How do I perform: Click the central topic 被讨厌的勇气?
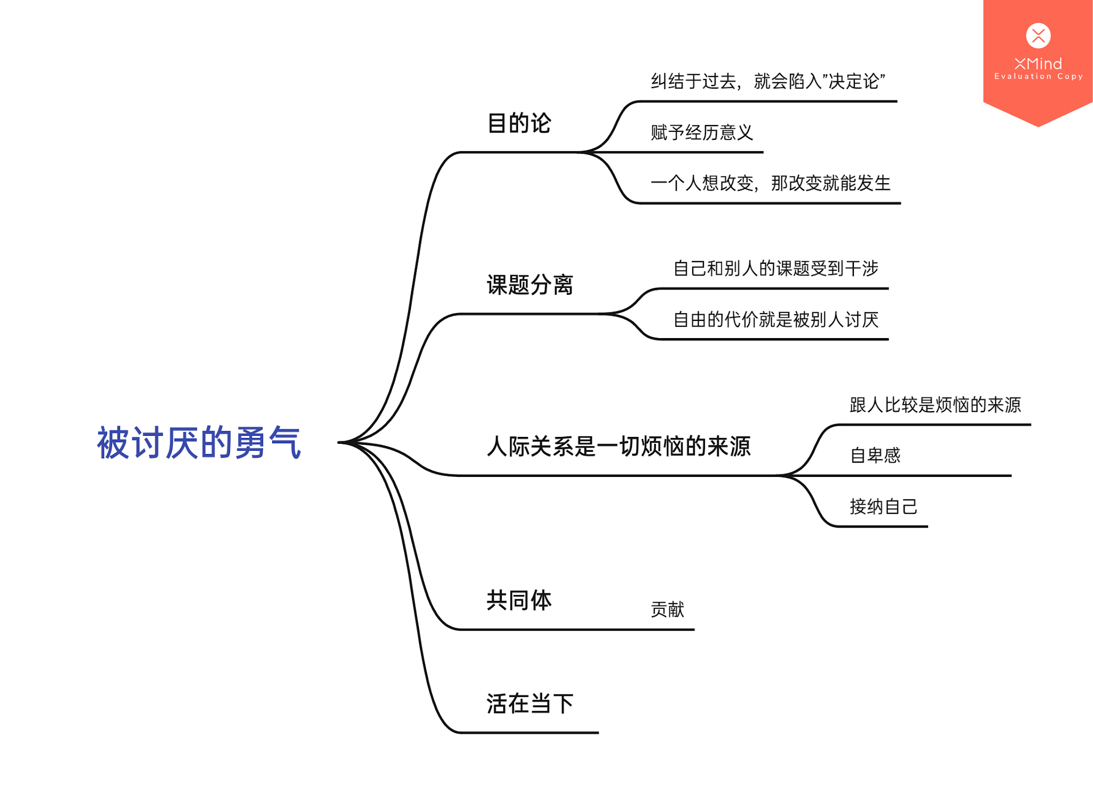pyautogui.click(x=199, y=443)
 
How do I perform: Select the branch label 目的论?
pyautogui.click(x=519, y=123)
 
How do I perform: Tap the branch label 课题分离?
pyautogui.click(x=529, y=285)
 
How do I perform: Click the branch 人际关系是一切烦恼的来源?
pyautogui.click(x=619, y=446)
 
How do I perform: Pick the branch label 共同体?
pyautogui.click(x=519, y=600)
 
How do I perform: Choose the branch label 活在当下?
pyautogui.click(x=529, y=703)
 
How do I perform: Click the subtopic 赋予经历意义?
pyautogui.click(x=701, y=132)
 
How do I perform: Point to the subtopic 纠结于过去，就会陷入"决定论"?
pyautogui.click(x=767, y=81)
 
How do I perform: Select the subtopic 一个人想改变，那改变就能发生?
pyautogui.click(x=770, y=183)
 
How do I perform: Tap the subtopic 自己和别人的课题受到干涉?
pyautogui.click(x=775, y=268)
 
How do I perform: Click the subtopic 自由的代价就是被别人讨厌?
pyautogui.click(x=775, y=319)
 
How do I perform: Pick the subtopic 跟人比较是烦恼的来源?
pyautogui.click(x=935, y=404)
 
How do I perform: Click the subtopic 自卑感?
pyautogui.click(x=875, y=455)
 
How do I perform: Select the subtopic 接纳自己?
pyautogui.click(x=883, y=506)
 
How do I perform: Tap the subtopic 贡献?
pyautogui.click(x=667, y=609)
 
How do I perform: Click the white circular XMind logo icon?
pyautogui.click(x=1038, y=36)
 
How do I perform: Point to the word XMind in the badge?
pyautogui.click(x=1038, y=64)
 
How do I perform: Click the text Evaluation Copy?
pyautogui.click(x=1038, y=76)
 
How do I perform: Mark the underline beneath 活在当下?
pyautogui.click(x=528, y=732)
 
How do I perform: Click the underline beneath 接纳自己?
pyautogui.click(x=881, y=526)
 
